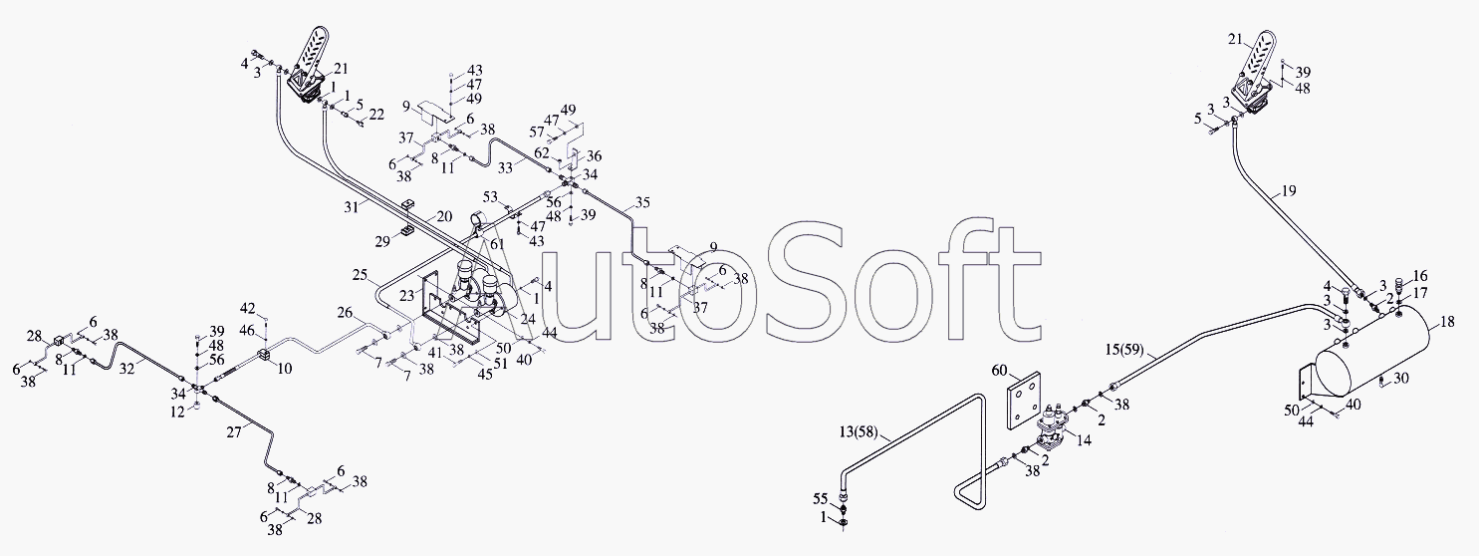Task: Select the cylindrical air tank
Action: click(1373, 357)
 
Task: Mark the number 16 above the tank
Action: click(1420, 274)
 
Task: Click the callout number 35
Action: click(642, 203)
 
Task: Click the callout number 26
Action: click(345, 312)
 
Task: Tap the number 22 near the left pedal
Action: click(375, 115)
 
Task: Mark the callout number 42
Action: click(248, 308)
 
